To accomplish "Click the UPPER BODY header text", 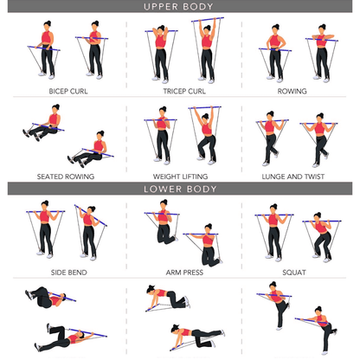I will [x=179, y=7].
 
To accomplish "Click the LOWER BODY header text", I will [x=179, y=188].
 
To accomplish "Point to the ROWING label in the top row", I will [x=292, y=90].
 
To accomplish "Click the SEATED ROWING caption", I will [x=65, y=176].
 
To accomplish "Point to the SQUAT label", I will [x=293, y=272].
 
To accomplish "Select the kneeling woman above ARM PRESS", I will [x=204, y=243].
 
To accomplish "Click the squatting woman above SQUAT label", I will [x=318, y=237].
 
